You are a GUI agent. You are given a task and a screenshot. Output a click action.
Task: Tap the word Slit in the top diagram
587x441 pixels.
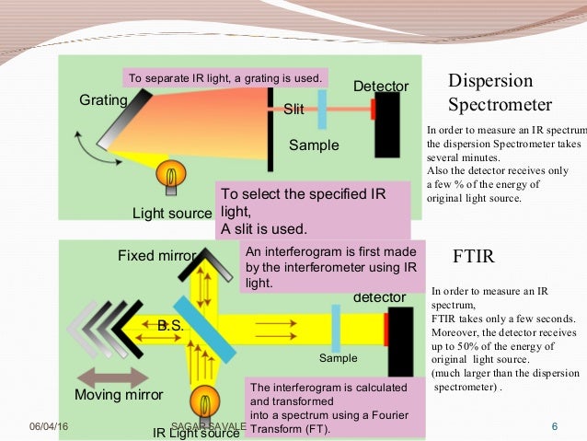(x=293, y=109)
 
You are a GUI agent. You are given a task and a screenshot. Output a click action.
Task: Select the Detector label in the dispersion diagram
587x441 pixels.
(x=381, y=87)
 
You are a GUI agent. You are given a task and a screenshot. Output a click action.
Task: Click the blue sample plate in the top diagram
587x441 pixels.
(x=323, y=109)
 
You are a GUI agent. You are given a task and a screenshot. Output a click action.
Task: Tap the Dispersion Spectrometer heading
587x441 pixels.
(x=499, y=91)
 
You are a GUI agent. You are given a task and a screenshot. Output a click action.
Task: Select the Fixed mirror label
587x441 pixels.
(x=156, y=255)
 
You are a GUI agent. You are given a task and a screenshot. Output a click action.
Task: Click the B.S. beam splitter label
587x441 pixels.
(x=169, y=325)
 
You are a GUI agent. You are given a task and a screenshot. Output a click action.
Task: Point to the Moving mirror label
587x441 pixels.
(x=119, y=395)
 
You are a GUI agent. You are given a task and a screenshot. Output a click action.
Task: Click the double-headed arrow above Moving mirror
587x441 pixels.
(x=113, y=377)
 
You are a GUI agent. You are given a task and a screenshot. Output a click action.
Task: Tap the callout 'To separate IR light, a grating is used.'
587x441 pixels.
(x=227, y=77)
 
